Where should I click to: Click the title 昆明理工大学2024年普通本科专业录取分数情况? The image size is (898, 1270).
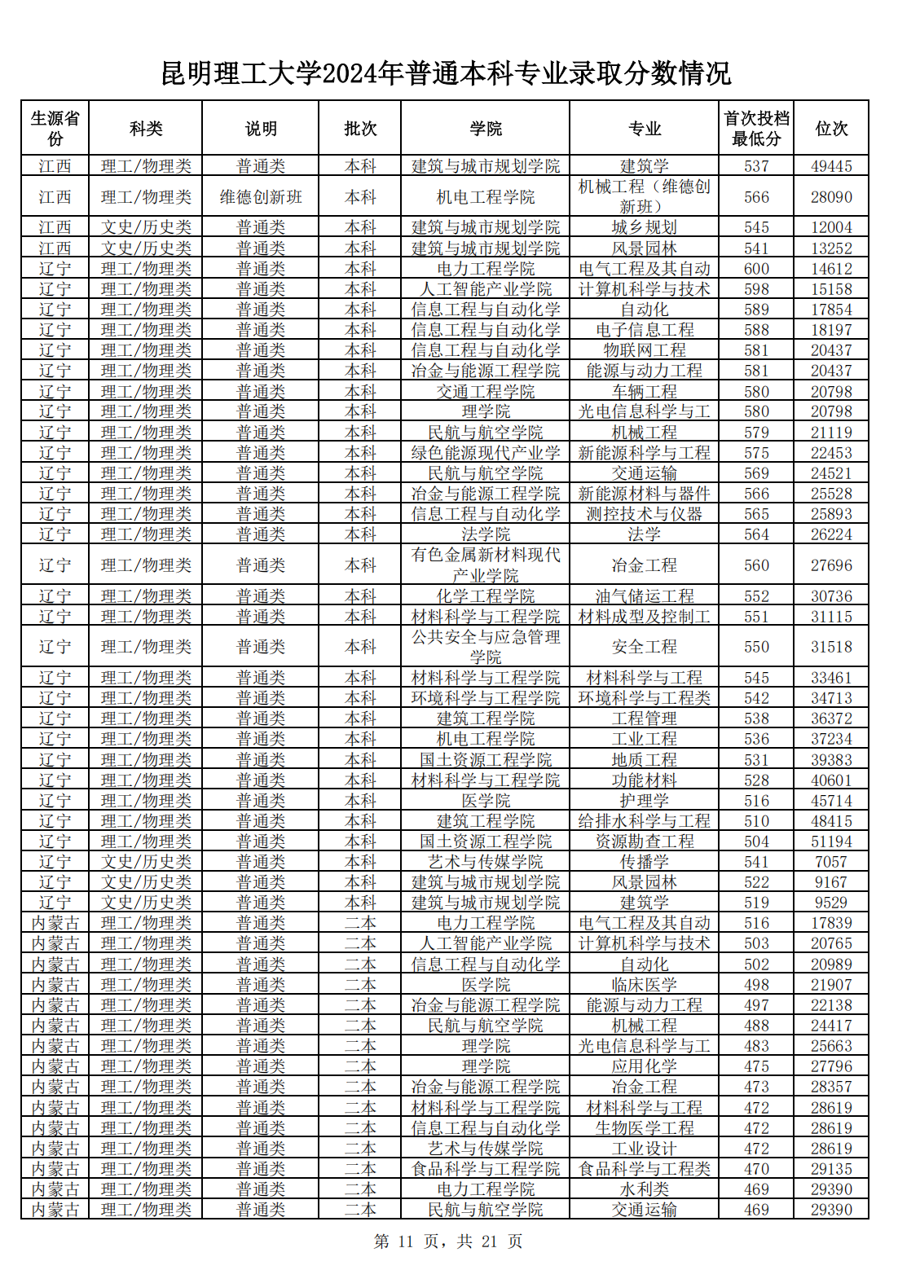coord(447,73)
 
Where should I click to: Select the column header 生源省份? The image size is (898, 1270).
coord(55,128)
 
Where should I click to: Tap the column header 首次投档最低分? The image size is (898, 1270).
coord(756,128)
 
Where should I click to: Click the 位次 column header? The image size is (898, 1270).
coord(831,128)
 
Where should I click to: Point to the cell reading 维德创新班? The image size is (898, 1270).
coord(261,197)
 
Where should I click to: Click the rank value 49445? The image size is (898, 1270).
coord(831,166)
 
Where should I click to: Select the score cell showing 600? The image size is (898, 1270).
coord(756,269)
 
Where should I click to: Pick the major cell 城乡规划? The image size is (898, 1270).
coord(644,227)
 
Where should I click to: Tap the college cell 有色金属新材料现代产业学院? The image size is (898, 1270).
coord(486,565)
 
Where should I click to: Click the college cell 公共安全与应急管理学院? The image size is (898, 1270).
coord(486,647)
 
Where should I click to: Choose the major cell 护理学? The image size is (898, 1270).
coord(644,801)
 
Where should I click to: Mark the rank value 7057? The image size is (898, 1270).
coord(831,862)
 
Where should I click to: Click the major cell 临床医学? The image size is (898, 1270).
coord(644,985)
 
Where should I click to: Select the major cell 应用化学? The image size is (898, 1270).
coord(644,1066)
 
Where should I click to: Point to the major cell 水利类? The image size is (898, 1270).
coord(644,1189)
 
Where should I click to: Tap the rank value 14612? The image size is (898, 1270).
coord(831,269)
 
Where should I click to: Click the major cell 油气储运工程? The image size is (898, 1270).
coord(644,596)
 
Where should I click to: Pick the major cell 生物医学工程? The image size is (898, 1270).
coord(644,1128)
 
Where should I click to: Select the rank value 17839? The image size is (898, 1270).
coord(831,923)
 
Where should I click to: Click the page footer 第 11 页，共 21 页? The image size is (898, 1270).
coord(447,1241)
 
